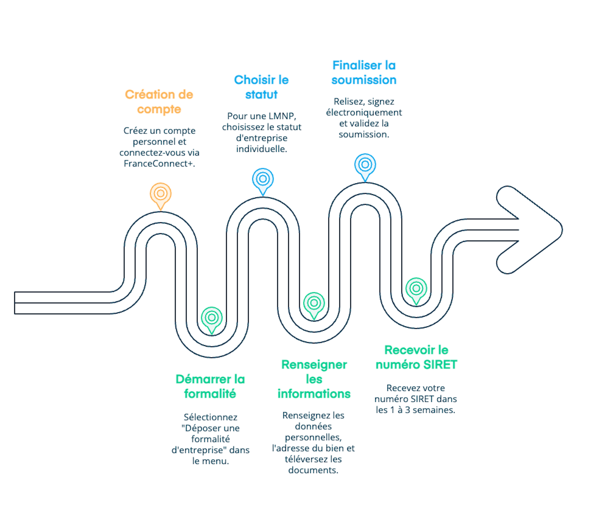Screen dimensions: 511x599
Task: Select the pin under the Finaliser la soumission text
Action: coord(365,165)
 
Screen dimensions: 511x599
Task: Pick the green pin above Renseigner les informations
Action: coord(314,303)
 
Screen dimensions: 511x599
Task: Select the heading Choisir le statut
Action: coord(261,87)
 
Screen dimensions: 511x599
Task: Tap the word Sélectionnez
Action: coord(210,417)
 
